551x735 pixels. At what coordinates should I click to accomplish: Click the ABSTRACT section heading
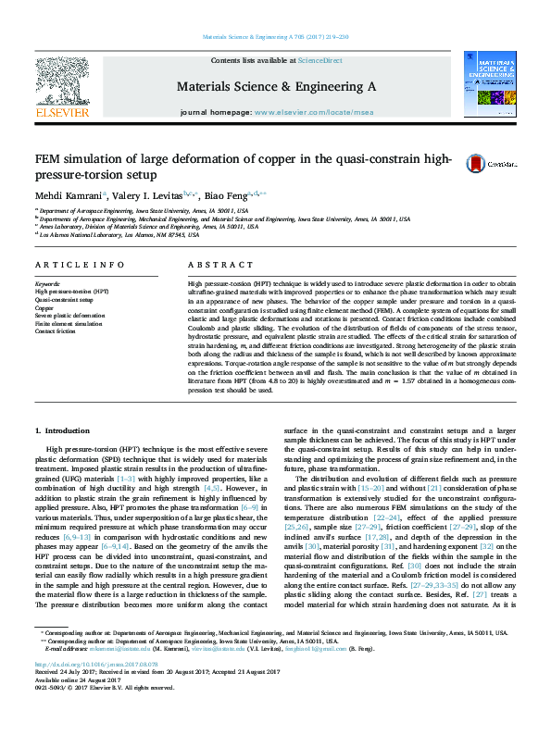(214, 264)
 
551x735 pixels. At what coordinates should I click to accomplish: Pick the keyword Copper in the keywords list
(44, 307)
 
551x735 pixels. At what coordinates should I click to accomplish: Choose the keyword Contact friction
(56, 330)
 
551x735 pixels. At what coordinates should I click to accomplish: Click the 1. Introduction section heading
(62, 431)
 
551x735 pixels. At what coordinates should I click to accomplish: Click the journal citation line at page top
(275, 37)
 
